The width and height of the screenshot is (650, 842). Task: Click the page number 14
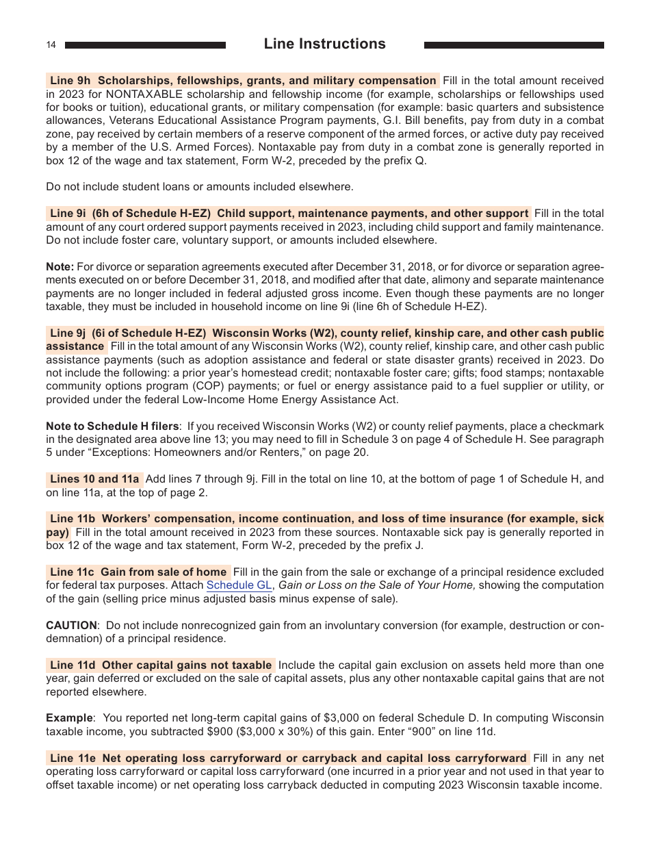point(51,45)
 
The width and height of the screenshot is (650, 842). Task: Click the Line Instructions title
point(324,44)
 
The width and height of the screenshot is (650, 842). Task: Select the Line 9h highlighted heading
point(243,80)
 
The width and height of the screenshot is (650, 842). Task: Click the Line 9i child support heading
point(288,213)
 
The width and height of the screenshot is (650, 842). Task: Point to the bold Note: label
point(60,266)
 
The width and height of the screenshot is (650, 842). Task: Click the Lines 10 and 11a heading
point(94,479)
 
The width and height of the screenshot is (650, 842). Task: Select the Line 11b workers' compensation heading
point(325,519)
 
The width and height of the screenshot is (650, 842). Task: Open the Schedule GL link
point(239,585)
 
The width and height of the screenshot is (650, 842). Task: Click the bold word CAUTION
point(71,625)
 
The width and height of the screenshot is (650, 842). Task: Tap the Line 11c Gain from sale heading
point(138,572)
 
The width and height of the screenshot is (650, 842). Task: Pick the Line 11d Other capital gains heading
point(160,665)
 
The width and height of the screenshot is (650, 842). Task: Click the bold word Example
point(68,718)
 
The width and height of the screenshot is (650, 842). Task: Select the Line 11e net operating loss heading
point(288,758)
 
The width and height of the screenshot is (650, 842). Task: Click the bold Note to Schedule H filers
point(113,426)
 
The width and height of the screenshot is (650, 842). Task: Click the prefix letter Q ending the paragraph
point(420,160)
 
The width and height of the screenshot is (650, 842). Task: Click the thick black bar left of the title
point(145,45)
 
